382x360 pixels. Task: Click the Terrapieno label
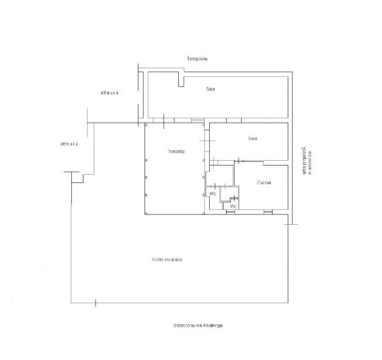coord(197,59)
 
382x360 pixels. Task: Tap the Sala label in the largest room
coord(210,89)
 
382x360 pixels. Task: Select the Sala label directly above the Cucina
coord(253,138)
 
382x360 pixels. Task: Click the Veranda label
coord(176,152)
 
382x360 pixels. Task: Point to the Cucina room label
coord(264,182)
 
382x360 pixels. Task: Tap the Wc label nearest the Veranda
coord(213,194)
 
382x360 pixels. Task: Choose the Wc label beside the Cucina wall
coord(233,207)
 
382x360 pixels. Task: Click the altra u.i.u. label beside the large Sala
coord(110,92)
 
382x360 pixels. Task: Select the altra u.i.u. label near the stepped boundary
coord(69,144)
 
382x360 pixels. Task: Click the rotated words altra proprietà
coord(304,161)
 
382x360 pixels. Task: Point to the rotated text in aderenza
coord(310,163)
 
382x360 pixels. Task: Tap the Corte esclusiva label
coord(167,260)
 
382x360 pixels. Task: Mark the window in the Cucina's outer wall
coord(268,212)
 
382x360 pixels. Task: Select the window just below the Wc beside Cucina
coord(230,212)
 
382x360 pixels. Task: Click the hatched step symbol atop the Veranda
coord(198,120)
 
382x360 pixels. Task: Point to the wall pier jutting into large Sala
coord(181,79)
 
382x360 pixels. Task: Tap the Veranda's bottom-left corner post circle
coord(146,213)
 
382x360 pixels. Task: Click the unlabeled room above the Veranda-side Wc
coord(220,175)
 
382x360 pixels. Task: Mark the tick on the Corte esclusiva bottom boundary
coord(95,303)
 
